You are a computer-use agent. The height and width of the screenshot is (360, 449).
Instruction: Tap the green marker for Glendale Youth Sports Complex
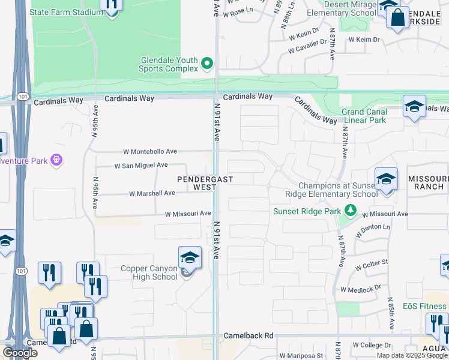(x=207, y=63)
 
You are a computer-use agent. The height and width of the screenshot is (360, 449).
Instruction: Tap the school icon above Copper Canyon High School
(x=190, y=257)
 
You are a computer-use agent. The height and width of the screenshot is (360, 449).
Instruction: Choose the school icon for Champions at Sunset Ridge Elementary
(x=386, y=179)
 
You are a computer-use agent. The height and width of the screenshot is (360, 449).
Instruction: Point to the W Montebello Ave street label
(x=150, y=152)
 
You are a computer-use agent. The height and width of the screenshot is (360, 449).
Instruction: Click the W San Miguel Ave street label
(x=141, y=165)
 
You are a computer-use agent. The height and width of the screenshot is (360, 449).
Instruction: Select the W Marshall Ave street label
(x=152, y=193)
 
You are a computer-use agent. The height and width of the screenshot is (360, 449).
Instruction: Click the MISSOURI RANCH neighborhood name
(x=427, y=183)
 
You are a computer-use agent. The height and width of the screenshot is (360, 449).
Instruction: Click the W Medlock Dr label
(x=361, y=289)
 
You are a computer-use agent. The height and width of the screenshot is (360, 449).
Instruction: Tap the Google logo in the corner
(x=20, y=353)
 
